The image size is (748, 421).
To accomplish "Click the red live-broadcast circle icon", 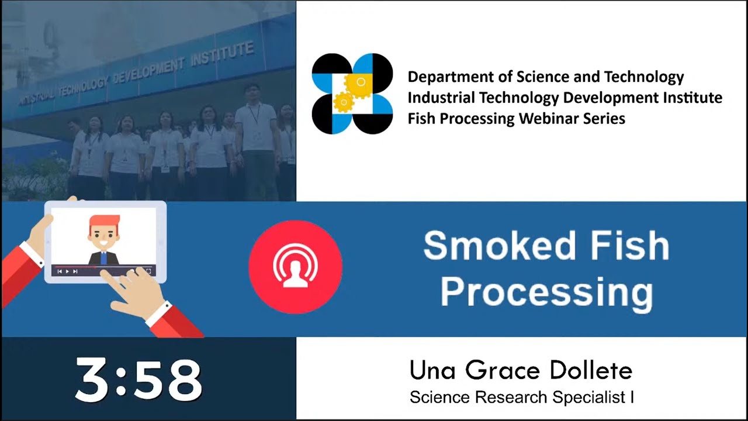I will (x=295, y=267).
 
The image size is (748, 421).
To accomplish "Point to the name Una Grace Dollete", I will (x=521, y=370).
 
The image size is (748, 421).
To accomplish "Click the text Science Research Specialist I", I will (x=521, y=398).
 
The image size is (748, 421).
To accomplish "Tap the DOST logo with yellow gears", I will (x=352, y=94).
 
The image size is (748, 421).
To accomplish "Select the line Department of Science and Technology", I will (x=545, y=77).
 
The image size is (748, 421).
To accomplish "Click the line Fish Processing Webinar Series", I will (x=516, y=119).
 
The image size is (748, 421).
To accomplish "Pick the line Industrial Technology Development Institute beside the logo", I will (x=565, y=98).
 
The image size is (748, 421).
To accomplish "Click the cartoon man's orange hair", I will (x=105, y=222).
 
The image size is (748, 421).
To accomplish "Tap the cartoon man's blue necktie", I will (x=103, y=258).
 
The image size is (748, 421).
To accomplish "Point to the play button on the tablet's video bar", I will (x=67, y=271).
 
